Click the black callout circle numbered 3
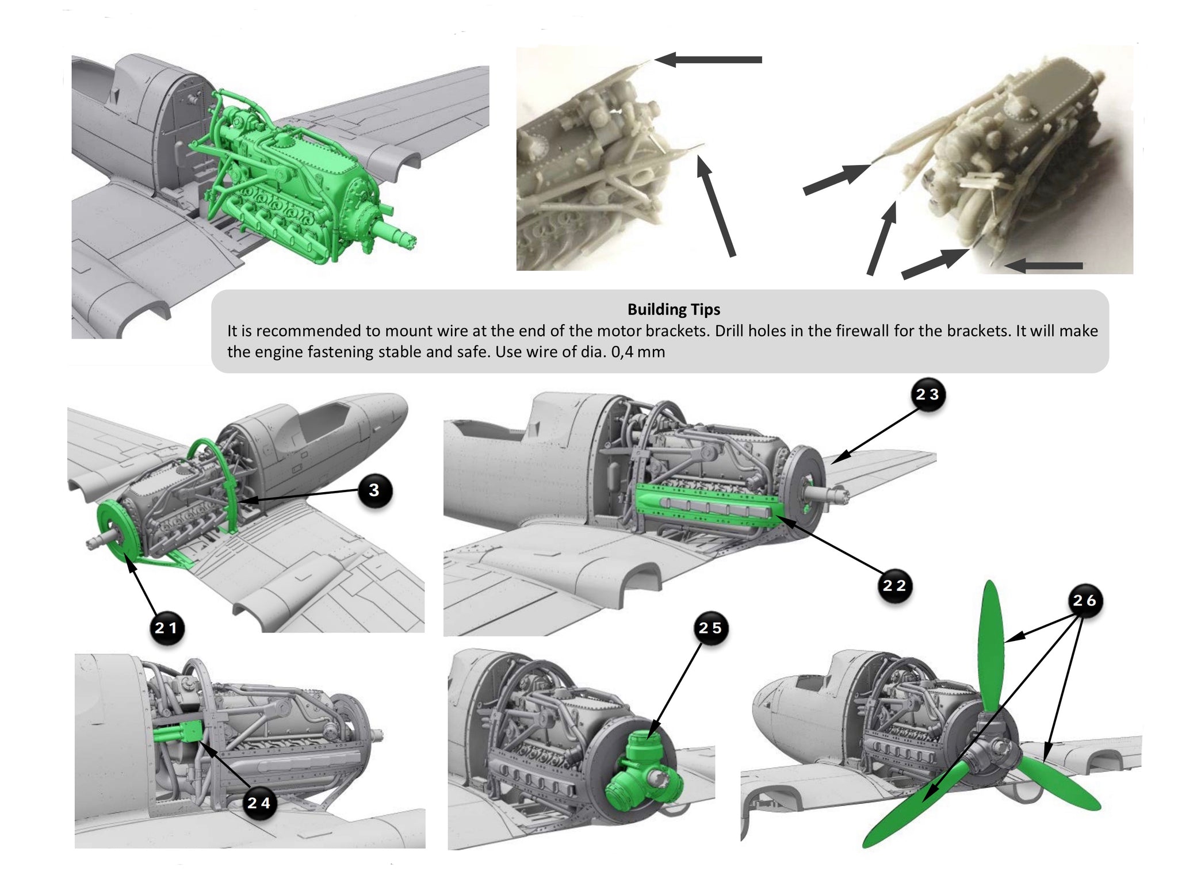pyautogui.click(x=374, y=490)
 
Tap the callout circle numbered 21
pyautogui.click(x=167, y=628)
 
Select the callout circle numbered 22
pyautogui.click(x=894, y=586)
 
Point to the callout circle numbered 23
pyautogui.click(x=927, y=395)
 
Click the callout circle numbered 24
pyautogui.click(x=258, y=803)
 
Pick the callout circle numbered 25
pyautogui.click(x=710, y=628)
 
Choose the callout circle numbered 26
pyautogui.click(x=1084, y=601)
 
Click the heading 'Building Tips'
pyautogui.click(x=674, y=309)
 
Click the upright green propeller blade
pyautogui.click(x=990, y=644)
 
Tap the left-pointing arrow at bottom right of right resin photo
pyautogui.click(x=1044, y=266)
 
